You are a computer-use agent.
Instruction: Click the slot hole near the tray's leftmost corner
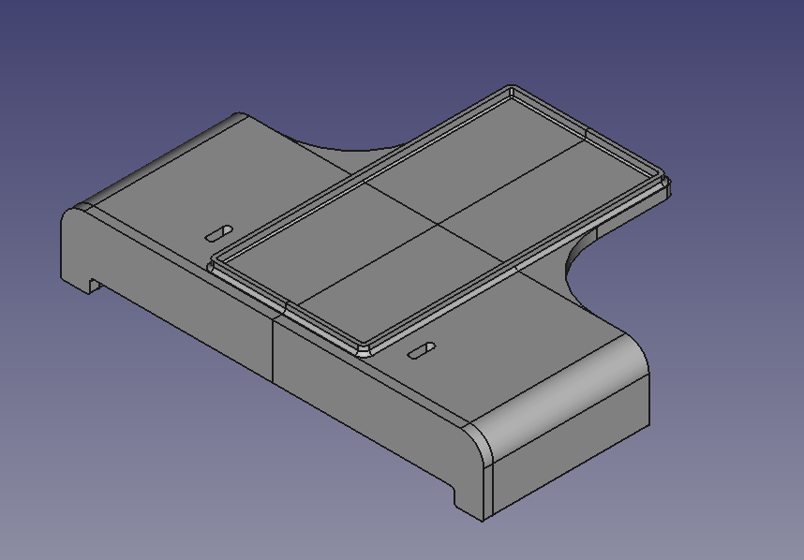(x=220, y=231)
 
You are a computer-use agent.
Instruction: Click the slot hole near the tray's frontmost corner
(x=422, y=350)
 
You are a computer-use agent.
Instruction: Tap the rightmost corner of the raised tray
(x=669, y=184)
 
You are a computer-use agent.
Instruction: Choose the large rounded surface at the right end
(x=562, y=393)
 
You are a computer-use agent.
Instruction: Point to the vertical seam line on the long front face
(x=273, y=351)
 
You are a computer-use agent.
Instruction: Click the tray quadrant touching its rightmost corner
(x=553, y=201)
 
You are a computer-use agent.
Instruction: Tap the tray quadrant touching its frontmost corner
(x=394, y=290)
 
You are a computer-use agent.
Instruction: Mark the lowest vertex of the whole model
(x=484, y=521)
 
